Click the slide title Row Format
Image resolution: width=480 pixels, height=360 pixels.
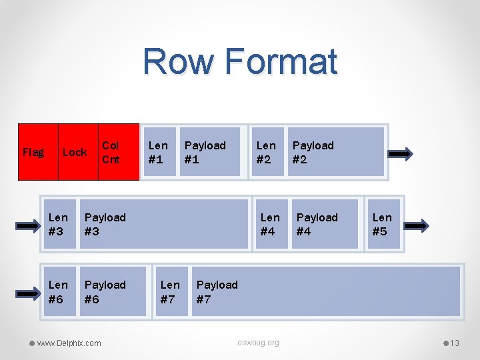240,61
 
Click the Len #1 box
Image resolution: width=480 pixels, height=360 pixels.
159,152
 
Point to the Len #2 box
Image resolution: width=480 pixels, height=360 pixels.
267,152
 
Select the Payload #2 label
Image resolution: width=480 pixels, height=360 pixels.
313,152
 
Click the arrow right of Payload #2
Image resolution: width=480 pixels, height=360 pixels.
401,154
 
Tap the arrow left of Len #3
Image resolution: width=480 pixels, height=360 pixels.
28,225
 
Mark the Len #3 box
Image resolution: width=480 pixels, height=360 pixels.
59,224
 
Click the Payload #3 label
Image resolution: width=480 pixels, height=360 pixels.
105,224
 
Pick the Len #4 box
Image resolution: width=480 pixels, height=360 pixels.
271,224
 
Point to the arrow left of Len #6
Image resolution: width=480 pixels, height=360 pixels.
28,293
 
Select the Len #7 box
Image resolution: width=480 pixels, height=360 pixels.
171,291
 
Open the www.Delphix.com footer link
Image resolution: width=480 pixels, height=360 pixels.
69,343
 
